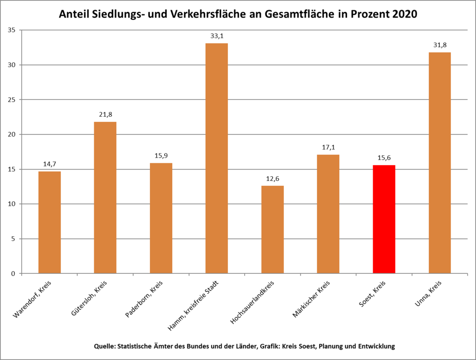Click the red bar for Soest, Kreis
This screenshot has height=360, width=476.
pyautogui.click(x=384, y=219)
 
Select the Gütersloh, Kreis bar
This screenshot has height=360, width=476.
pyautogui.click(x=105, y=198)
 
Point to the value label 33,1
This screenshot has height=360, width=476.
pyautogui.click(x=217, y=35)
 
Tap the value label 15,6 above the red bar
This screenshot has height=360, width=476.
pyautogui.click(x=384, y=158)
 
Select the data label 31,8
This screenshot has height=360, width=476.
pyautogui.click(x=439, y=45)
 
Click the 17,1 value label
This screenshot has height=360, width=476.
pyautogui.click(x=328, y=147)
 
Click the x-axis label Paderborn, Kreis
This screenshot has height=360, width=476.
pyautogui.click(x=145, y=298)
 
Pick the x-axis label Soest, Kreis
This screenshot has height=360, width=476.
pyautogui.click(x=372, y=294)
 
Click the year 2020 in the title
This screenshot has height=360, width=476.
pyautogui.click(x=404, y=14)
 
